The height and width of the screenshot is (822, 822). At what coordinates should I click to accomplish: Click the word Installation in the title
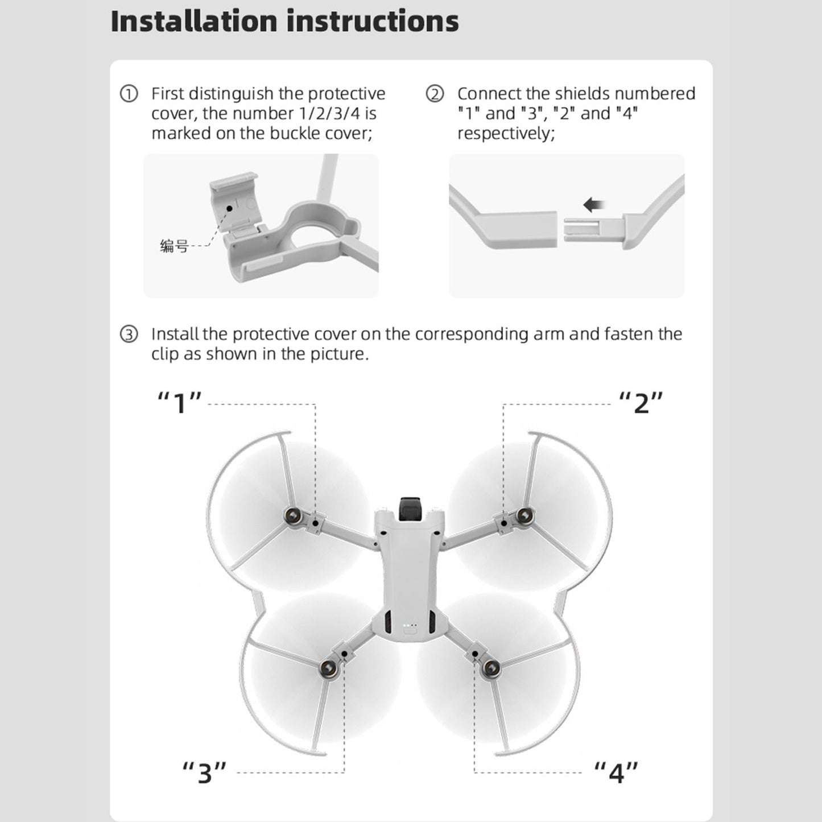click(194, 22)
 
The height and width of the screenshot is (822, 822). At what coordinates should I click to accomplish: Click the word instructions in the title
click(372, 22)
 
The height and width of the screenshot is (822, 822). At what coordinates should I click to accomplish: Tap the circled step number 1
click(129, 94)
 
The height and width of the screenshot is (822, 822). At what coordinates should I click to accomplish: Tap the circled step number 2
click(435, 94)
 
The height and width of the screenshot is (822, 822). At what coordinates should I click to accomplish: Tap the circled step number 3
click(129, 334)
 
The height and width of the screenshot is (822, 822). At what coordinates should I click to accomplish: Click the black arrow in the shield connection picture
click(594, 205)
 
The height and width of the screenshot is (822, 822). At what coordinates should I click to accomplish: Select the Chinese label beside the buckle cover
click(174, 246)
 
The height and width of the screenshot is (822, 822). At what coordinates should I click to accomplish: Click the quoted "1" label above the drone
click(180, 403)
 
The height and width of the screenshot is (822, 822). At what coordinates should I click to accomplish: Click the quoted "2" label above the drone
click(641, 403)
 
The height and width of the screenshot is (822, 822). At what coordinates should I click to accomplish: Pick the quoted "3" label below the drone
click(204, 773)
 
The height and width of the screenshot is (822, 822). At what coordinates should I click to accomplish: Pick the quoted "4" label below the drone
click(616, 773)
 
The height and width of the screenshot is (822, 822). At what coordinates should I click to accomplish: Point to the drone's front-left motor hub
click(294, 517)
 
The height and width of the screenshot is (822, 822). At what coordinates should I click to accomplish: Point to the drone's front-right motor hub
click(524, 517)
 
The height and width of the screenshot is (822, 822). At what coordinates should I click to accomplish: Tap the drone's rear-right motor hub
click(490, 668)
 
